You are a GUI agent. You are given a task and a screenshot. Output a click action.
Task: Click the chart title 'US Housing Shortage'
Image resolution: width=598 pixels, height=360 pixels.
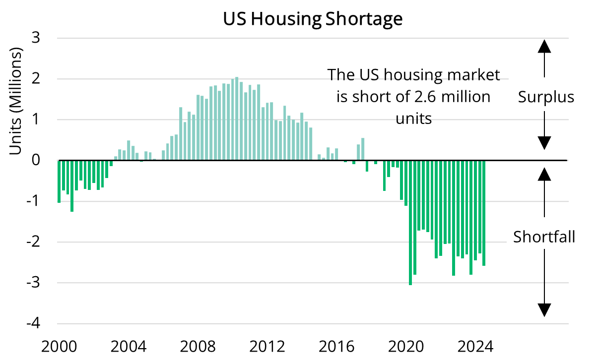pos(312,19)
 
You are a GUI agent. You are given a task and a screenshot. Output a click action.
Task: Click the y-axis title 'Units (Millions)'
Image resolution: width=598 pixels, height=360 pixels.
pos(17,101)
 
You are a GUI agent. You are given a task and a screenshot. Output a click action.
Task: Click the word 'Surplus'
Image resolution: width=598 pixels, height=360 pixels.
pos(546,97)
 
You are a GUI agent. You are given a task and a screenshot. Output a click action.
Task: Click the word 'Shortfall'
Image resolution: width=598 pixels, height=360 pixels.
pos(544,237)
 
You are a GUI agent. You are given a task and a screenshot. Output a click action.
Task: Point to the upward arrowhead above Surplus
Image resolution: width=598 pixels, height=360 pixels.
pos(544,46)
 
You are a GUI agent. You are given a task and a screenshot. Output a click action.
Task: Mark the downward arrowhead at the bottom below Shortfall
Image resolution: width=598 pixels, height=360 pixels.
pos(544,310)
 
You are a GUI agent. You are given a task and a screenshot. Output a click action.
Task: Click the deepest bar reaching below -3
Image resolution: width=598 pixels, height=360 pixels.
pos(410,223)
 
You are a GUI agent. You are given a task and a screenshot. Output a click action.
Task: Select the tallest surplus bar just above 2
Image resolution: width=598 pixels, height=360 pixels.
pos(237,119)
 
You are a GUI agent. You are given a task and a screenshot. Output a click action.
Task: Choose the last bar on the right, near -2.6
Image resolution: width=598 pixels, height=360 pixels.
pos(484,213)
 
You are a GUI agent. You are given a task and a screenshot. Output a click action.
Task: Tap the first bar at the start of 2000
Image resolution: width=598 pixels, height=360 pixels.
pos(59,181)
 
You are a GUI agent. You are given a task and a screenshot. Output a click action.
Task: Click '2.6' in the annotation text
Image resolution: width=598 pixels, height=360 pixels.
pos(427,97)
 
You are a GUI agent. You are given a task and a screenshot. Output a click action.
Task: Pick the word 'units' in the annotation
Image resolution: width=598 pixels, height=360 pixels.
pos(413,119)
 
